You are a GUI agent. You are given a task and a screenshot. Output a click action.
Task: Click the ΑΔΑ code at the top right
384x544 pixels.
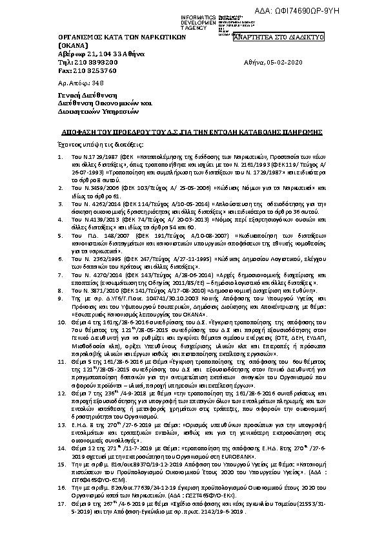(336, 11)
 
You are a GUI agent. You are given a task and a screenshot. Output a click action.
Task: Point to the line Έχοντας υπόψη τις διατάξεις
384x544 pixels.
(90, 143)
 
